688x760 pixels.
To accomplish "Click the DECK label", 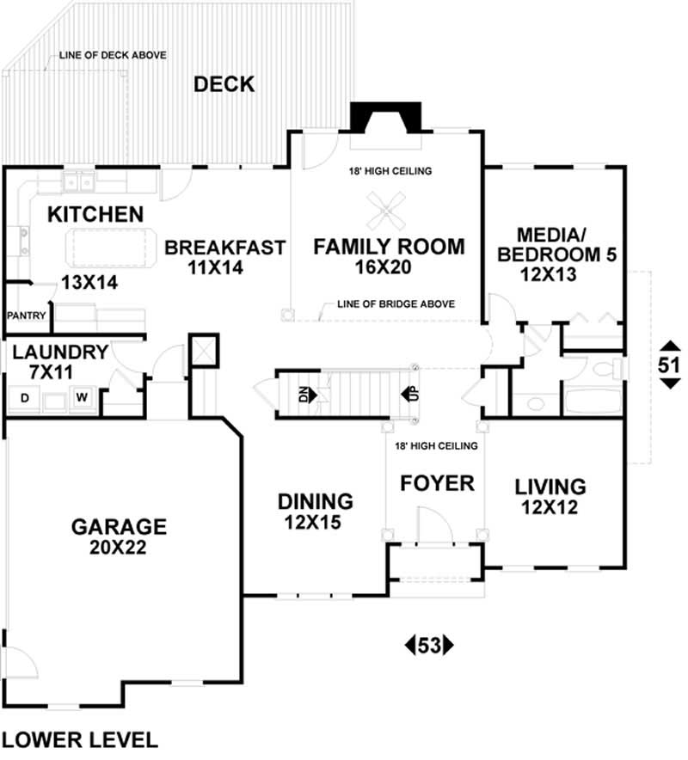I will coord(224,84).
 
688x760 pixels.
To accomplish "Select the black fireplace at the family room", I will coord(385,117).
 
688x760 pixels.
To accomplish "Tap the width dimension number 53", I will coord(428,644).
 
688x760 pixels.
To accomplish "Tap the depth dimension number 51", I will coord(668,365).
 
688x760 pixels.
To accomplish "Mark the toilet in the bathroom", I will coord(607,371).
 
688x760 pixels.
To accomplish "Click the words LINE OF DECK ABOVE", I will coord(113,56).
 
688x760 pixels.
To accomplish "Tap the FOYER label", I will coord(437,483).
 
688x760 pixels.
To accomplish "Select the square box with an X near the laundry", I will coord(204,348).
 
